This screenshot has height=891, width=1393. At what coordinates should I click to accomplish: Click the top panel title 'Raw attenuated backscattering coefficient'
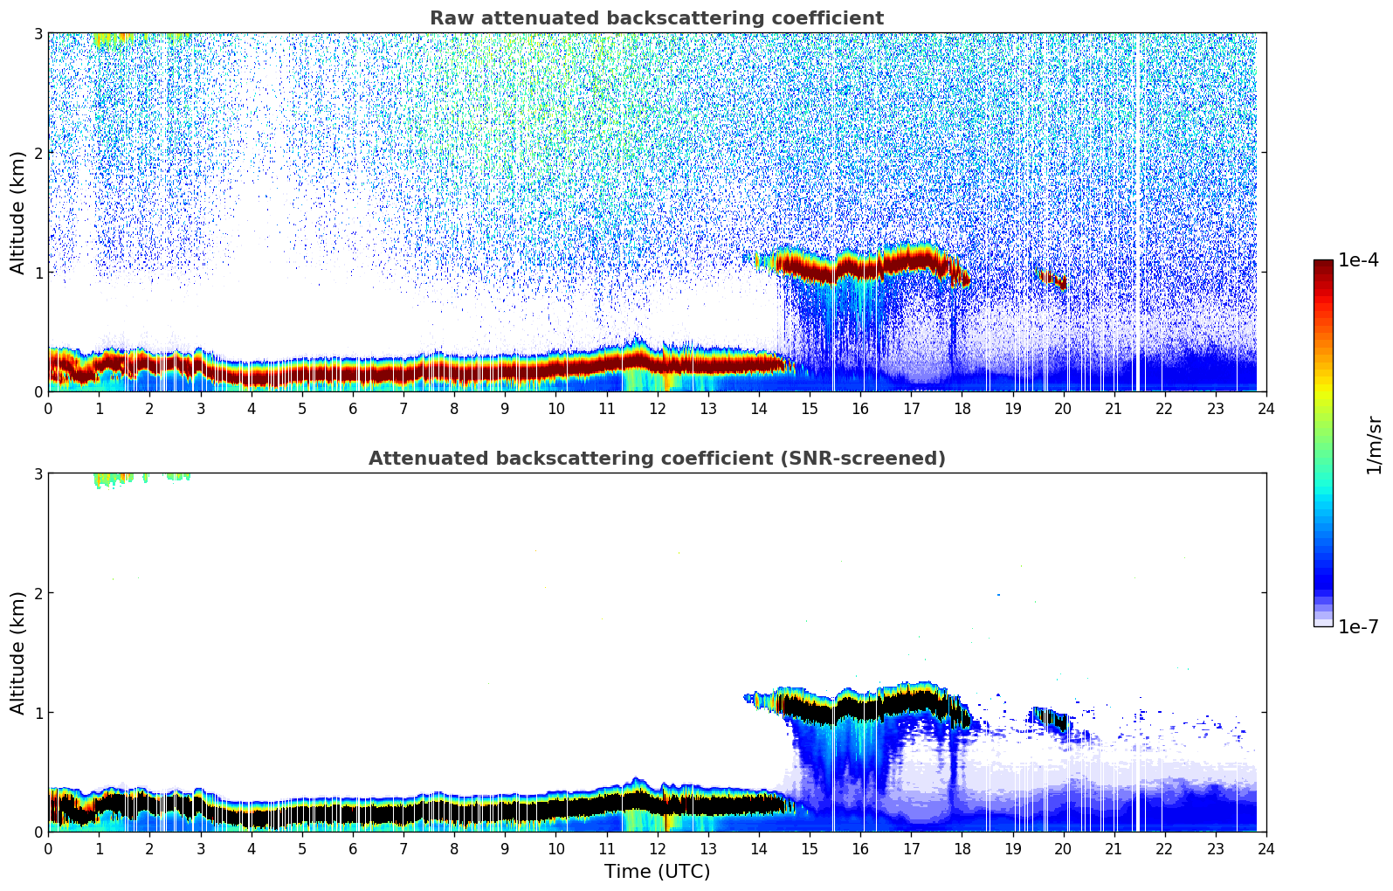coord(656,18)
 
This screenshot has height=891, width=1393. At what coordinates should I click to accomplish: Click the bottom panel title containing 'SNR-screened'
coord(656,459)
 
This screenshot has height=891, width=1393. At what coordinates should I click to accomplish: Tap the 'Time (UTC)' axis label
coord(657,871)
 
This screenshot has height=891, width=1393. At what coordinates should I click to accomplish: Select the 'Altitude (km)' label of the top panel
coord(18,212)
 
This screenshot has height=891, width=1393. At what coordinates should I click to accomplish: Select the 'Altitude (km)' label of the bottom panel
coord(18,653)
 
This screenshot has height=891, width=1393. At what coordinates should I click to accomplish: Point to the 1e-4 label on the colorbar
coord(1358,260)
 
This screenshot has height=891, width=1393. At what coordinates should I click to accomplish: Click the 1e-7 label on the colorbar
coord(1358,627)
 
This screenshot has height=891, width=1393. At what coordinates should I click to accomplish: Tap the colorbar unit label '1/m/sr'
coord(1374,444)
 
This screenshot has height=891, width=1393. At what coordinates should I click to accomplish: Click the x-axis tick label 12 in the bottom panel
coord(657,849)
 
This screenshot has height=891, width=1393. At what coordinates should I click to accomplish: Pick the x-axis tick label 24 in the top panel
coord(1265,409)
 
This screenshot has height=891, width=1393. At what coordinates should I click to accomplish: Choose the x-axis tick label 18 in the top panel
coord(962,409)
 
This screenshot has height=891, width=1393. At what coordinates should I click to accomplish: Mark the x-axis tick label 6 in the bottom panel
coord(353,849)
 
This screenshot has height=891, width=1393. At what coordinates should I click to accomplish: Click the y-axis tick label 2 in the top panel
coord(38,153)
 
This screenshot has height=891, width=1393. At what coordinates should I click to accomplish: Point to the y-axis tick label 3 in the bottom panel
coord(38,473)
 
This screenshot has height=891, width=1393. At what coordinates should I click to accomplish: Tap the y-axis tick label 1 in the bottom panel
coord(38,713)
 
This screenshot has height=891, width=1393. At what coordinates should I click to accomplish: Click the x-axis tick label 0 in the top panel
coord(48,409)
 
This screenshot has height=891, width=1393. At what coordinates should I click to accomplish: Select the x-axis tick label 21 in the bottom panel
coord(1114,849)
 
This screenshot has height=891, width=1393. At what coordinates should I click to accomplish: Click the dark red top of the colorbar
coord(1323,265)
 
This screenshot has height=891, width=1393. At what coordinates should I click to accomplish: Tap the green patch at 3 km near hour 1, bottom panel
coord(109,478)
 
